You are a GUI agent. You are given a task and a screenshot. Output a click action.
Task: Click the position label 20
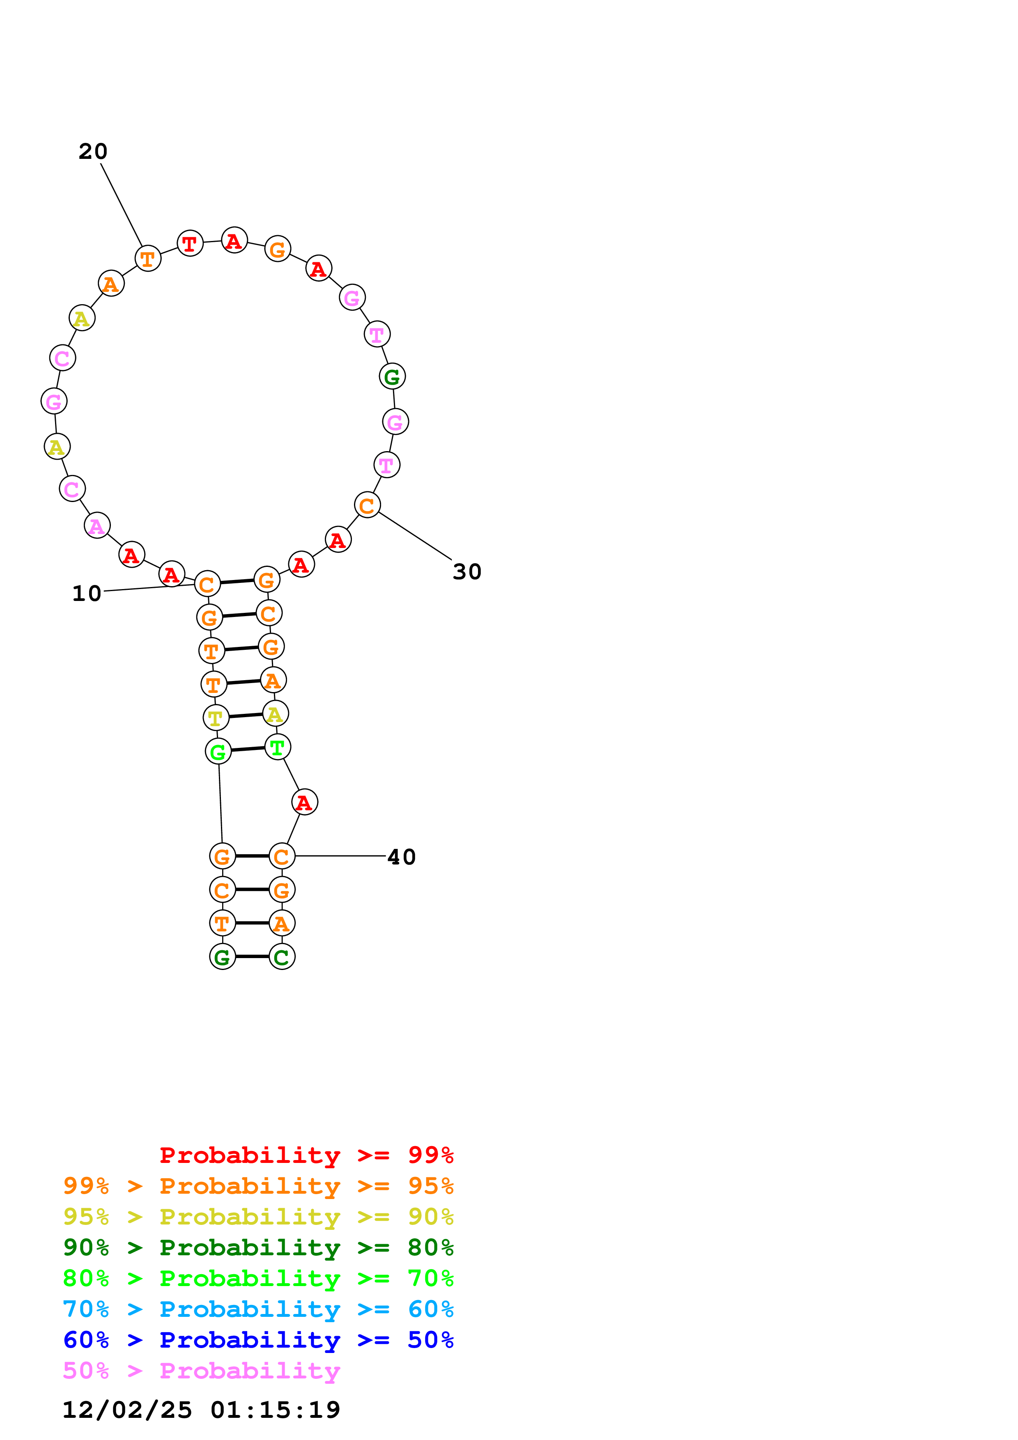[93, 151]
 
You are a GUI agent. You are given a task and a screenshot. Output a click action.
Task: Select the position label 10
[87, 593]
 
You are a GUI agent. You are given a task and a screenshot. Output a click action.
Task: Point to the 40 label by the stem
[402, 857]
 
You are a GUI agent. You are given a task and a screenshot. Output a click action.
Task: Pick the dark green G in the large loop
[392, 376]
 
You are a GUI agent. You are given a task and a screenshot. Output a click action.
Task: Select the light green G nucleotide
[218, 751]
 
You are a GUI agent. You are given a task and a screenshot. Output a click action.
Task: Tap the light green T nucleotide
[277, 747]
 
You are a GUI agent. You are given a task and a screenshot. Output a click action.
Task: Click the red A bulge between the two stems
[304, 802]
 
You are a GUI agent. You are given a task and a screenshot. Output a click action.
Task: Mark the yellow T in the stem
[216, 718]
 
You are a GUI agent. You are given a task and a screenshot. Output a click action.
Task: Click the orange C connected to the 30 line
[367, 505]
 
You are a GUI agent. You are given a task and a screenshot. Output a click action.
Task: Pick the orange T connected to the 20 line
[148, 258]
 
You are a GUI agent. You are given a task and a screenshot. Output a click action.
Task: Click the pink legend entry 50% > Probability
[201, 1370]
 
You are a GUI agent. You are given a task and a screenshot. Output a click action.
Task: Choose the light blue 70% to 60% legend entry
[258, 1309]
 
